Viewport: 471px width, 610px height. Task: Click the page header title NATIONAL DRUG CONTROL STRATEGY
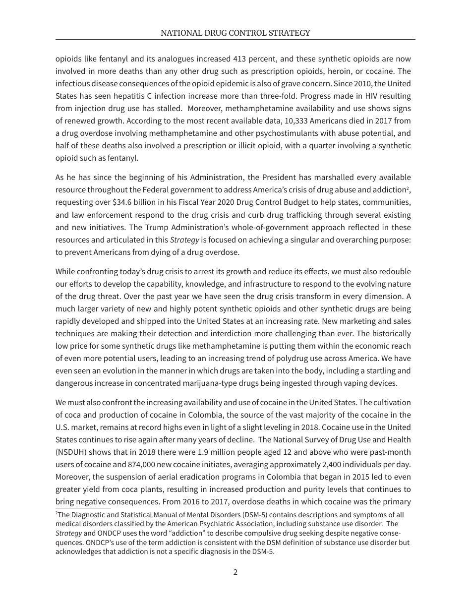pyautogui.click(x=235, y=33)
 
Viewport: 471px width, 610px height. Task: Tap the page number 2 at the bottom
pyautogui.click(x=235, y=572)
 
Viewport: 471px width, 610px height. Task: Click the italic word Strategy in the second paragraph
pyautogui.click(x=184, y=240)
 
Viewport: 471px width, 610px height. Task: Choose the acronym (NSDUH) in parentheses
pyautogui.click(x=71, y=452)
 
